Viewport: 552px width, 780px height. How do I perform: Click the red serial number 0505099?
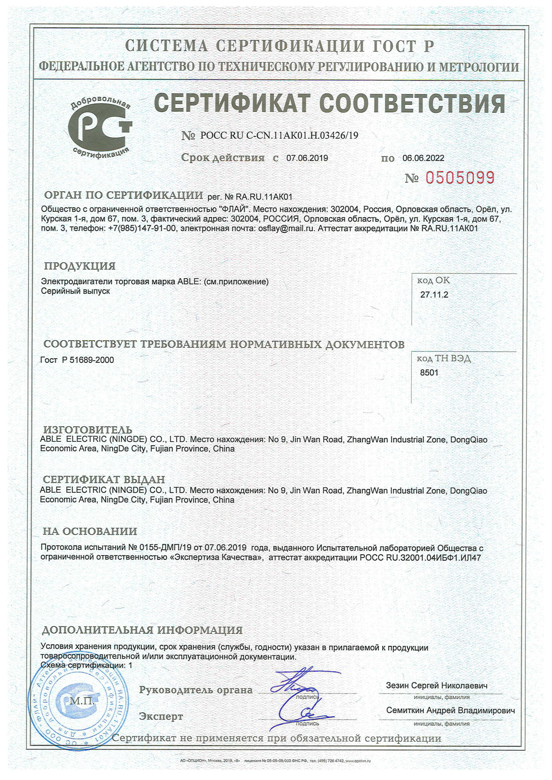tap(460, 177)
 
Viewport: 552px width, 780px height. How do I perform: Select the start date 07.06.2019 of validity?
tap(307, 158)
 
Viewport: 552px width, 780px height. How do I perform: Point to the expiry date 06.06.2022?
tap(423, 158)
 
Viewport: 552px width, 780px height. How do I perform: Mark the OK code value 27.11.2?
tap(434, 295)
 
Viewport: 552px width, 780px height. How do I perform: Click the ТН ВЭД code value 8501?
tap(429, 373)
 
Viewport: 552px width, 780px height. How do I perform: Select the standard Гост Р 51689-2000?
tap(77, 360)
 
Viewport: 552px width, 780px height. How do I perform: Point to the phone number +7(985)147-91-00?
tap(143, 228)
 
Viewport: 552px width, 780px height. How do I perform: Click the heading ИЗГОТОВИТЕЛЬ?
tap(88, 430)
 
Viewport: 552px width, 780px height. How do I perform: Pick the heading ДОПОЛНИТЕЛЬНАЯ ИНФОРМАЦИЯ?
tap(142, 630)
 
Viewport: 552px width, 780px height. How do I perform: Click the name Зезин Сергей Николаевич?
tap(437, 686)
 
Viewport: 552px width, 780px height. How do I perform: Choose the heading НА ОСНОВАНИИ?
tap(90, 531)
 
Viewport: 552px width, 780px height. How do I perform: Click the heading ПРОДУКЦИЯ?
tap(80, 266)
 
